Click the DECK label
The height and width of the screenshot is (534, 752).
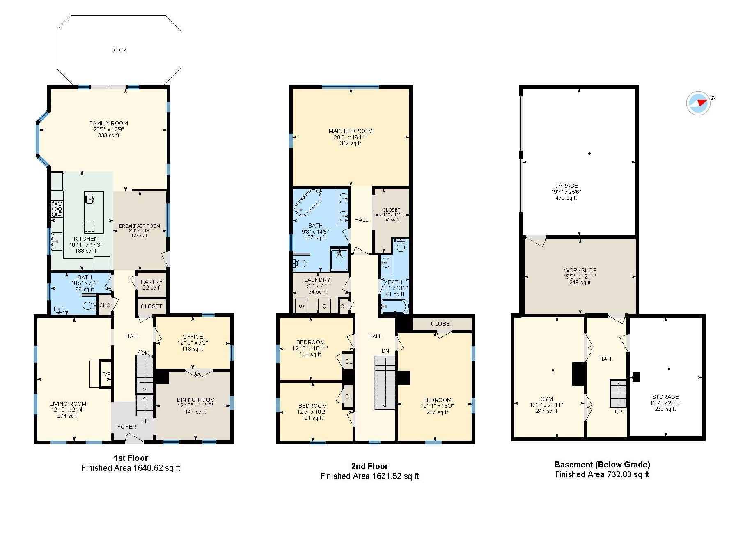[119, 50]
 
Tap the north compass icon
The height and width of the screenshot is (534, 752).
[699, 103]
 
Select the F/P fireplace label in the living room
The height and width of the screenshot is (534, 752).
[106, 374]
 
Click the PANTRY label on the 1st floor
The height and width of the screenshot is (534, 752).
[151, 282]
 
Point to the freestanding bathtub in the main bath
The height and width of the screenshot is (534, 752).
[308, 203]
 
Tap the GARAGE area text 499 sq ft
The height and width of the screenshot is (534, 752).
[566, 198]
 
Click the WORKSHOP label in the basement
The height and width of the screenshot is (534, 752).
[580, 270]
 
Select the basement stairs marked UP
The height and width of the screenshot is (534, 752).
[618, 394]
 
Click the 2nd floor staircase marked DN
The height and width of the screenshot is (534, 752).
[385, 382]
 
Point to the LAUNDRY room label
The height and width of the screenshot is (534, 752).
[317, 280]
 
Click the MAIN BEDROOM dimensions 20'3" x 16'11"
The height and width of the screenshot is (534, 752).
[351, 137]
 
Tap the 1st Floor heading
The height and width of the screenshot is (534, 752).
[131, 458]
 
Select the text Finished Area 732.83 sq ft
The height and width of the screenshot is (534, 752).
[602, 474]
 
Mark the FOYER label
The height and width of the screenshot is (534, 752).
[127, 427]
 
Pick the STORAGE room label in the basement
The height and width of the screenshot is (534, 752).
[665, 397]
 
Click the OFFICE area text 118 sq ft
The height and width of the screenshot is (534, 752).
[193, 349]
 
